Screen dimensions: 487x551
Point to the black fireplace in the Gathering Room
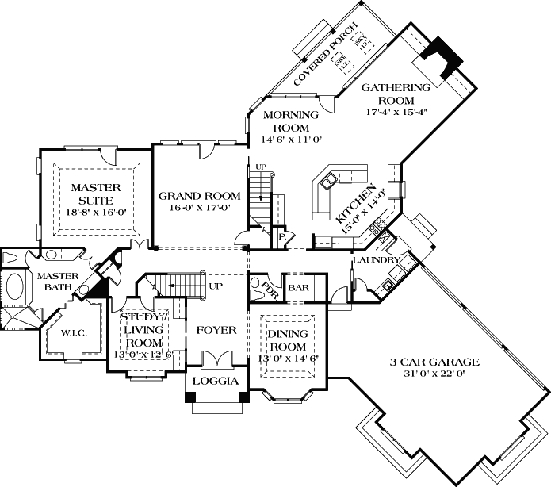click(x=439, y=58)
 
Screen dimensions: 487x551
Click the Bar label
click(x=298, y=288)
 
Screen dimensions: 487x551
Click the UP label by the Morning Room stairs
click(x=260, y=166)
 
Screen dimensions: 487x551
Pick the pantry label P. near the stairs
click(x=281, y=236)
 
